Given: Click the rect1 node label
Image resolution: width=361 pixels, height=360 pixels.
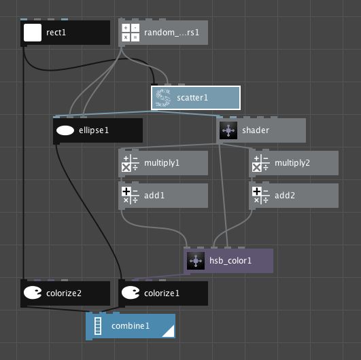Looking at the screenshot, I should pos(56,33).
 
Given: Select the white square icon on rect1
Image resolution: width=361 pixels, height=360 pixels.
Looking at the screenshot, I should pos(33,33).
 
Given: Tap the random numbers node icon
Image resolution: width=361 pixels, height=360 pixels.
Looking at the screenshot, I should pos(130,33).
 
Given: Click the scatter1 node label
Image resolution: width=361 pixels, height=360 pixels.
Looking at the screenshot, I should pos(192,98).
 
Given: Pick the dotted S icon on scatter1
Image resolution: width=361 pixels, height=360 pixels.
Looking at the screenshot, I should pos(162,98).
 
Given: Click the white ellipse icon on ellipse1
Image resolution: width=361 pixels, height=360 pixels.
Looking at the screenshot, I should pos(65,130).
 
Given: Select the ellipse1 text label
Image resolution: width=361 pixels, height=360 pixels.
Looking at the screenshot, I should pos(94,130).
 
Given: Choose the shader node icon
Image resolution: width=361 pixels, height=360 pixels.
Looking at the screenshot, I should pos(228,130).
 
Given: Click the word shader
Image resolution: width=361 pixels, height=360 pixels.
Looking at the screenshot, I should pos(256,130).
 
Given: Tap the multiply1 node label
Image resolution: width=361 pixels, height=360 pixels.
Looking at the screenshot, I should pos(162,163).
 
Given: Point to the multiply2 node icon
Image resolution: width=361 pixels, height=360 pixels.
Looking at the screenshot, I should pos(260,163).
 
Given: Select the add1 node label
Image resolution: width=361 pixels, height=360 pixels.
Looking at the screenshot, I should pos(154,196).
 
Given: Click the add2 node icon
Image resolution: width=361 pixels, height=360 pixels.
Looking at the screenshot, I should pos(260,196).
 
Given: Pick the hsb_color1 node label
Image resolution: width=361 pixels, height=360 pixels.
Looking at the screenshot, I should pos(230,261).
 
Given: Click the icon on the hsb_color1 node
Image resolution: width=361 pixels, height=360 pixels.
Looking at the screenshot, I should pos(195,261).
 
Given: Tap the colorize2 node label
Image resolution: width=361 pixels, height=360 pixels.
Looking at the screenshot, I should pos(65,293).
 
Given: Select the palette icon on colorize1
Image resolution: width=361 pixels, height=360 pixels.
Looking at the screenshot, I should pos(130,293).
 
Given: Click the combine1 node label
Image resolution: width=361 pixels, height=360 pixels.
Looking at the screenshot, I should pos(131,326).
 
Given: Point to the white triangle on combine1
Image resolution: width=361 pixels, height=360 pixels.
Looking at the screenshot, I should pos(168,331).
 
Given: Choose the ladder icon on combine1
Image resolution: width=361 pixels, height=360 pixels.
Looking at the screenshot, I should pos(97,326).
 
